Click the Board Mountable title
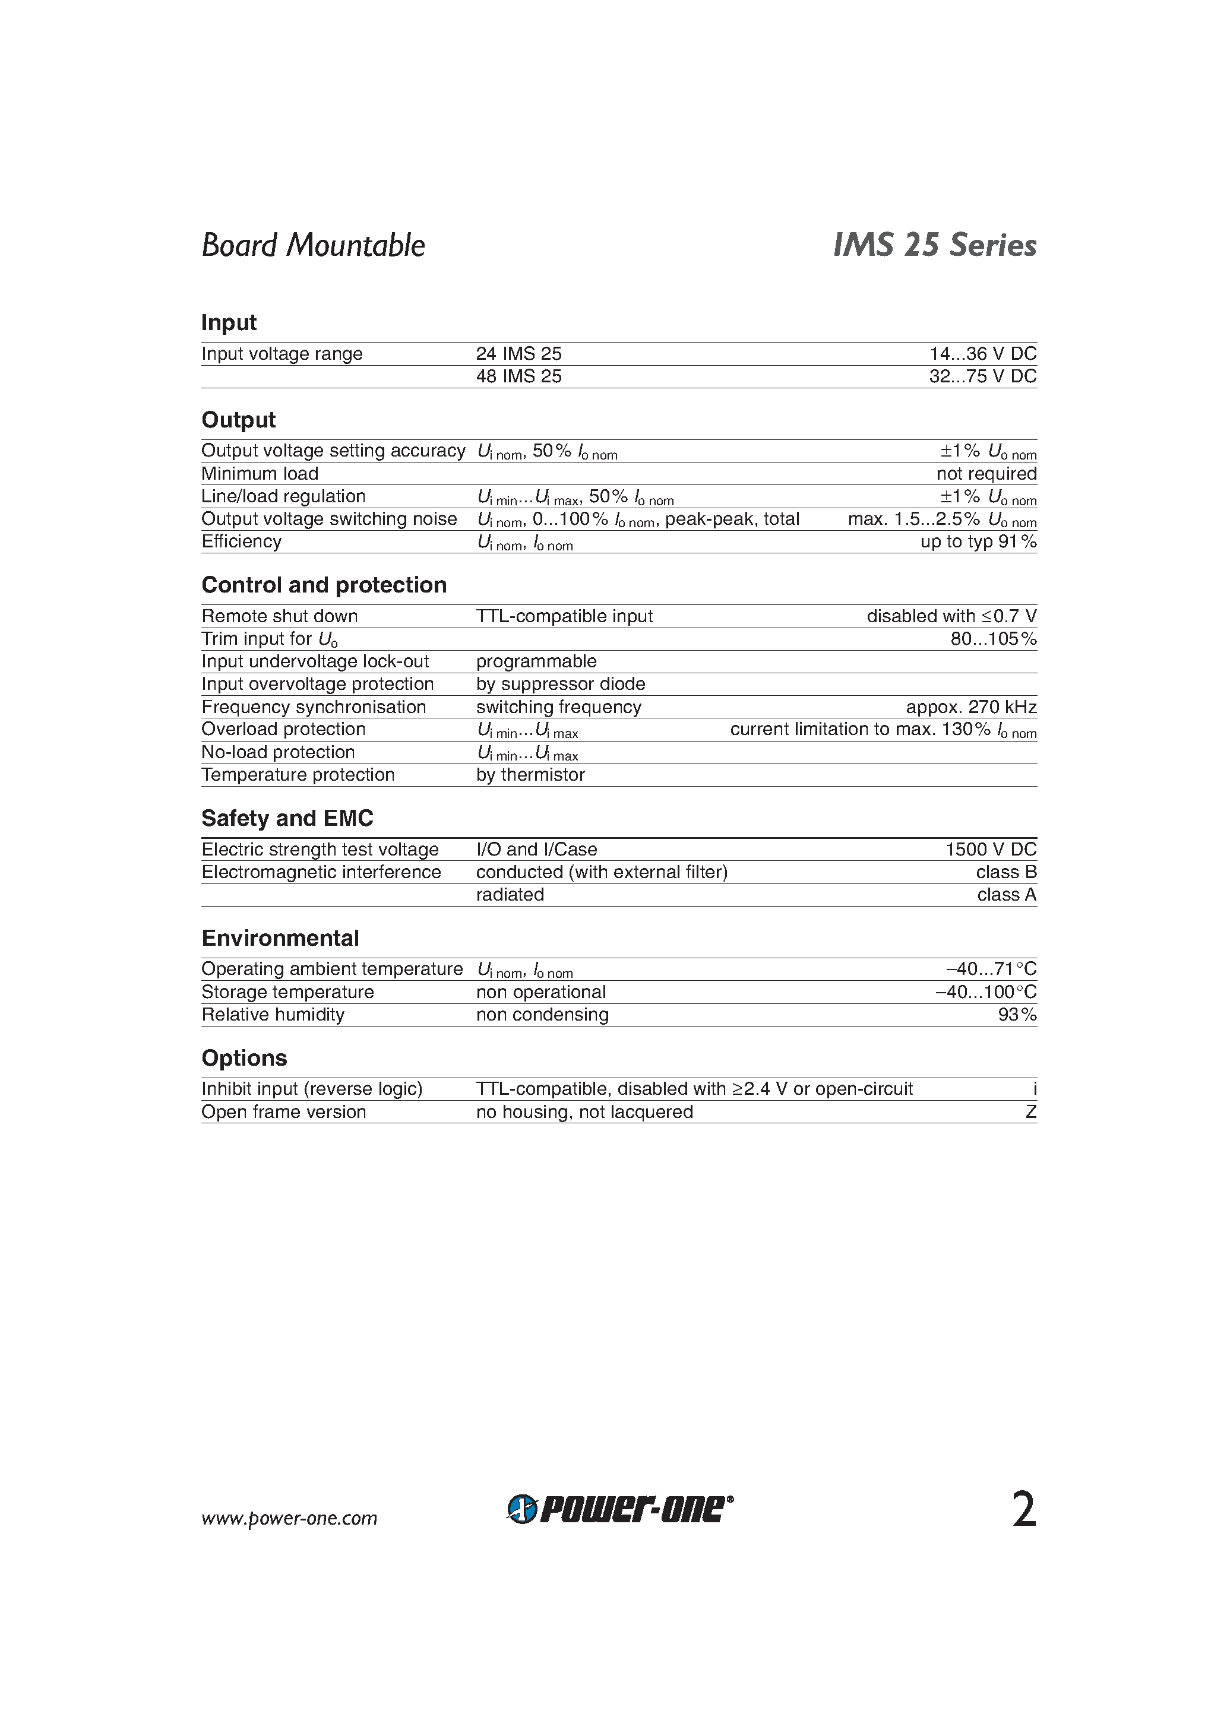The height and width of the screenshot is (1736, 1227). tap(312, 245)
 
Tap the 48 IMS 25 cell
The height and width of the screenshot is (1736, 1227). tap(518, 376)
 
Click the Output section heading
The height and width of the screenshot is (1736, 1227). tap(238, 420)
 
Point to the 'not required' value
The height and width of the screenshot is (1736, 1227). tap(986, 473)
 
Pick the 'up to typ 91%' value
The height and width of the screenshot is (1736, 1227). tap(978, 541)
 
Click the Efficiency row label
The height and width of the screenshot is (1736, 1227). tap(241, 541)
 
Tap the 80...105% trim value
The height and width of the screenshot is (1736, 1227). tap(992, 639)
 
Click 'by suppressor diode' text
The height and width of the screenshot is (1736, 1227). tap(560, 685)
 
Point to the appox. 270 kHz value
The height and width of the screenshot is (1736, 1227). tap(970, 707)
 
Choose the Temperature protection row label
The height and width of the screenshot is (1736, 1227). tap(298, 775)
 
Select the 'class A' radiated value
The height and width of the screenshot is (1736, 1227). tap(1006, 895)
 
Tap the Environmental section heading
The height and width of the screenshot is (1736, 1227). tap(280, 937)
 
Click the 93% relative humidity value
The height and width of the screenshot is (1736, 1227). tap(1017, 1015)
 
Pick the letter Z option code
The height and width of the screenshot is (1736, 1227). tap(1030, 1112)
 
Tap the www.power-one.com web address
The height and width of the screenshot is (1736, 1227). tap(289, 1518)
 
